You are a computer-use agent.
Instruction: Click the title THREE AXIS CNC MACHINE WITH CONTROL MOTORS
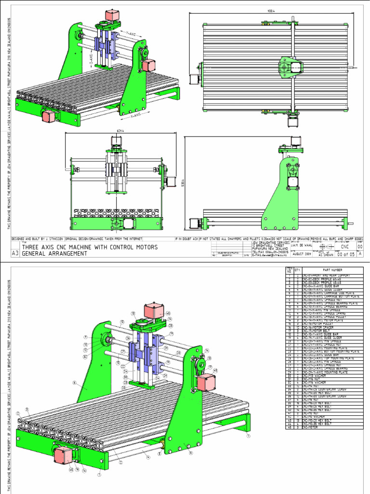[90, 247]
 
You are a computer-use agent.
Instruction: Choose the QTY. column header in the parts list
[297, 270]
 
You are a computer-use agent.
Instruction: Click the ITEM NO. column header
[290, 270]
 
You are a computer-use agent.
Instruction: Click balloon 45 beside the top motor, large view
[168, 313]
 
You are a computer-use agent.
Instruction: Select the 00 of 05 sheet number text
[345, 254]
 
